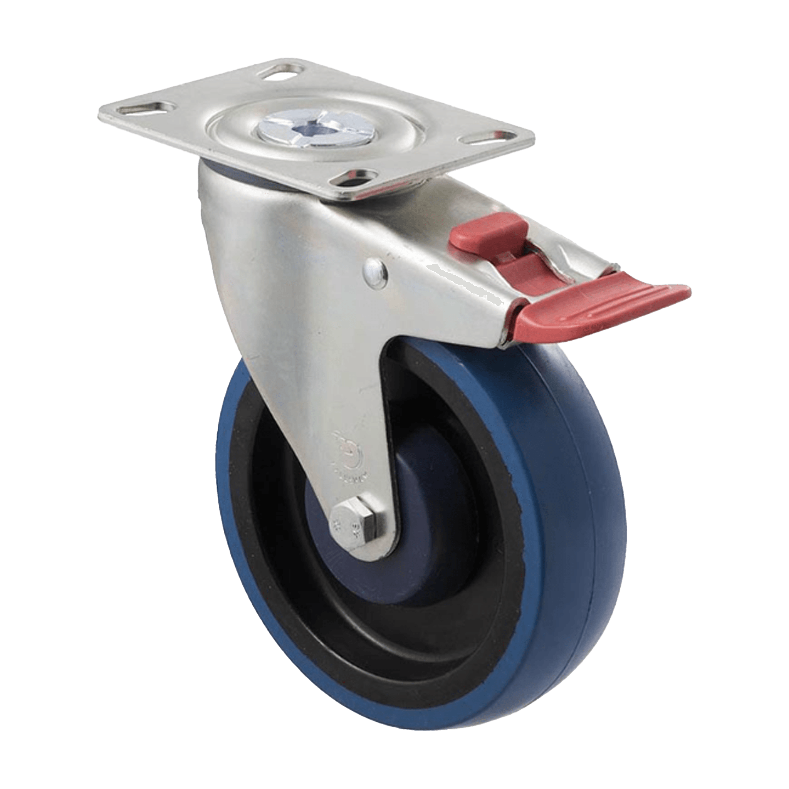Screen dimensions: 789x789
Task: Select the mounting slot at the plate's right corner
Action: (487, 137)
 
